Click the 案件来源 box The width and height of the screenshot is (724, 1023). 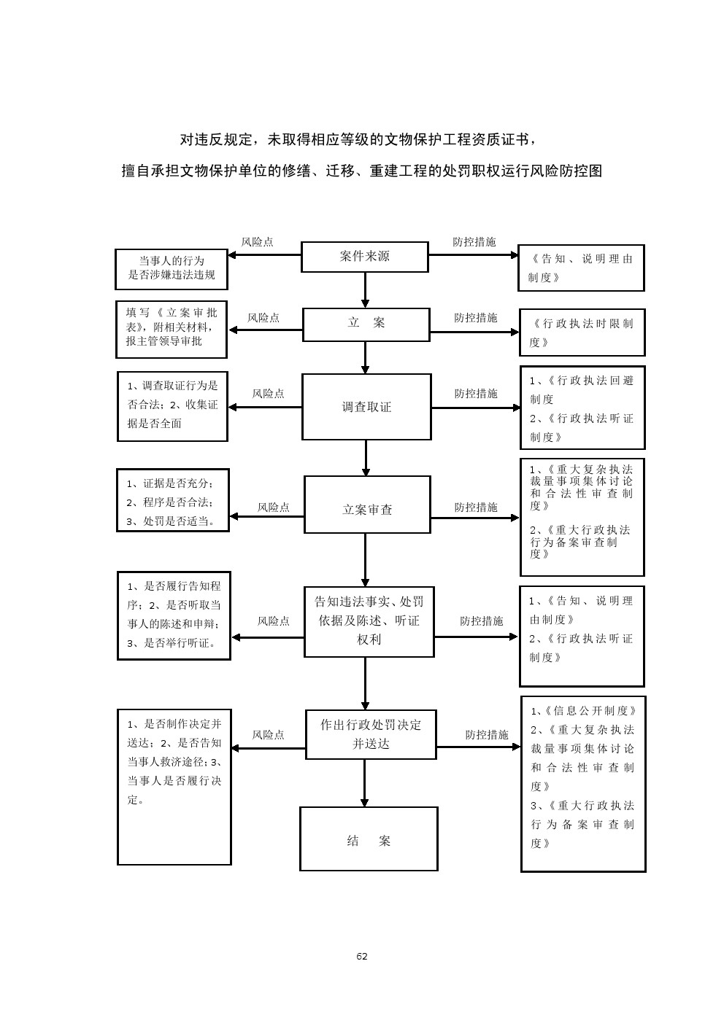tap(364, 257)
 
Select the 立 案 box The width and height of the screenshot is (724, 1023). tap(366, 324)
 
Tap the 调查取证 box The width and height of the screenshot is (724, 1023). tap(366, 407)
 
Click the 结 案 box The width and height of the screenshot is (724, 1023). tap(369, 839)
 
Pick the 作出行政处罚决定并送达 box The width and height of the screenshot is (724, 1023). tap(371, 734)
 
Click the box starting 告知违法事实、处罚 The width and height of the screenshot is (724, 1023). tap(369, 621)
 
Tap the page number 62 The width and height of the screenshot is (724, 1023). tap(362, 957)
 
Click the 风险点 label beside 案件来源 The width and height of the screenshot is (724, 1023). tap(258, 242)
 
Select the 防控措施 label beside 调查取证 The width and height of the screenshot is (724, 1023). tap(476, 394)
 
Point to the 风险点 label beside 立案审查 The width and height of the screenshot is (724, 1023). tap(274, 507)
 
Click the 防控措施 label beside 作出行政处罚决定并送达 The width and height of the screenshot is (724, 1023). tap(487, 735)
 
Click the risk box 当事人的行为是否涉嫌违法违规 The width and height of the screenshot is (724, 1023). tap(172, 268)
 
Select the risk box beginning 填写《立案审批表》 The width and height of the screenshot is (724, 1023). tap(172, 330)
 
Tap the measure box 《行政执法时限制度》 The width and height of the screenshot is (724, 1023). tap(582, 332)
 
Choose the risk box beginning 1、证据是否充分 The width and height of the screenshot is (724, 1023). tap(173, 500)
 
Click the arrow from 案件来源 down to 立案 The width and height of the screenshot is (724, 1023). tap(365, 290)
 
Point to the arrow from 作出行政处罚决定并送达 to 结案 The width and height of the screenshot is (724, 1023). tap(365, 782)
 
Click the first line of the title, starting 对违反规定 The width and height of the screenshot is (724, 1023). tap(361, 139)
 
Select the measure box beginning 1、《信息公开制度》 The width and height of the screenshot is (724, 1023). tap(583, 784)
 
